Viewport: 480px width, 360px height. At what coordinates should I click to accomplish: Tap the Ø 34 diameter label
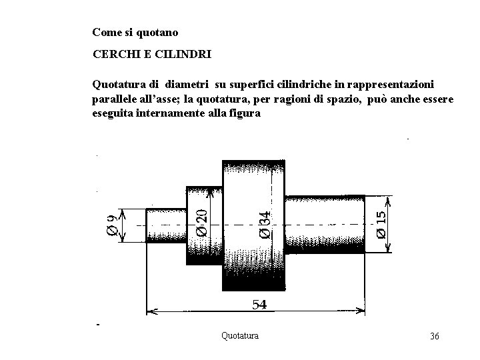[x=265, y=224]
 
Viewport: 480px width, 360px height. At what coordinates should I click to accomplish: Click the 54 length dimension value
[x=259, y=304]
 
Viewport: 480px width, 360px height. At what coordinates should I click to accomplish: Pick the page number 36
[x=434, y=336]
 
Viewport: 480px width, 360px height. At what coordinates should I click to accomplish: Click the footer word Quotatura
[x=240, y=335]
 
